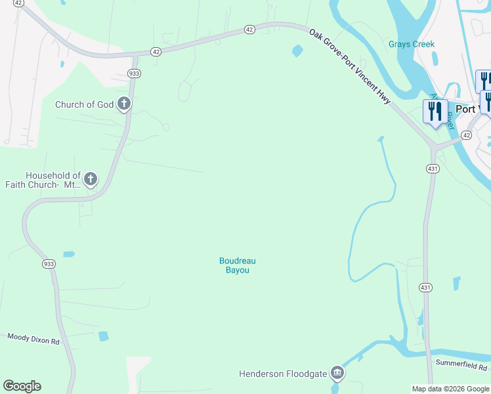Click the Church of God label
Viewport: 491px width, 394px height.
(84, 104)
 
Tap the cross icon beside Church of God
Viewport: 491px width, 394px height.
(123, 104)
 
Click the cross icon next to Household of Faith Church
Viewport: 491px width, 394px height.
(90, 179)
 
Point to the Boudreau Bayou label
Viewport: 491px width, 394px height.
(237, 265)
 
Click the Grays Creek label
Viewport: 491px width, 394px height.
(411, 45)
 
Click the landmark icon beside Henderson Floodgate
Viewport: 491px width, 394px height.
(337, 373)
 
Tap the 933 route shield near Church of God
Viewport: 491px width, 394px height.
(133, 74)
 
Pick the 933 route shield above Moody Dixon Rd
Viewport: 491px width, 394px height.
(49, 263)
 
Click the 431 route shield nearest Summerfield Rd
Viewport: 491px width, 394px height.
(426, 288)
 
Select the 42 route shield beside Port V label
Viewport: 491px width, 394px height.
(466, 135)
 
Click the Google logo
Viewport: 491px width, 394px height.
(22, 386)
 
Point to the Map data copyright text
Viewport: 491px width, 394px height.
(450, 389)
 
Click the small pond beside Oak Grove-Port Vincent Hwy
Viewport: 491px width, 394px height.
(297, 51)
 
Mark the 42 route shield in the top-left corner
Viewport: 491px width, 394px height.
(18, 3)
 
